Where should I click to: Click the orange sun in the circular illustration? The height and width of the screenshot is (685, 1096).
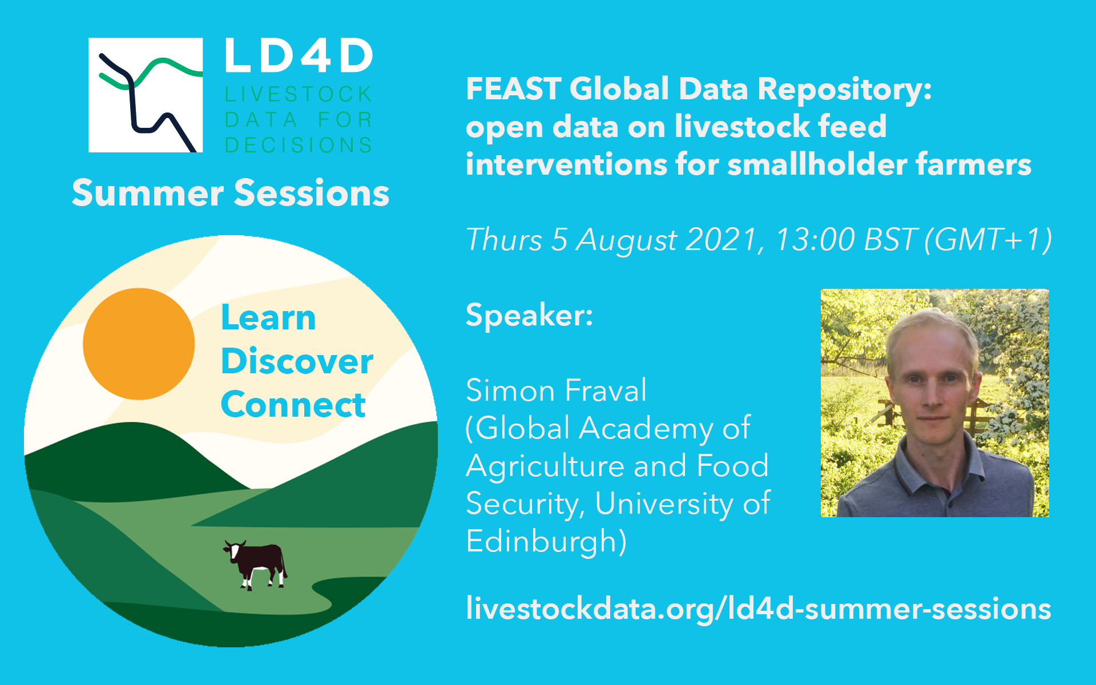tap(139, 344)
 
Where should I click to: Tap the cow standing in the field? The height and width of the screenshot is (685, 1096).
tap(255, 565)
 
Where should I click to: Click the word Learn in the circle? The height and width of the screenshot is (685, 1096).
tap(268, 317)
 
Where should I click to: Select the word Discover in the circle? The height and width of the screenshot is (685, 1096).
tap(297, 361)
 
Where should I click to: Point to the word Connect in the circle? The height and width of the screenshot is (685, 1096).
tap(293, 405)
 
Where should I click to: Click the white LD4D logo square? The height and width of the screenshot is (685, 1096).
tap(146, 95)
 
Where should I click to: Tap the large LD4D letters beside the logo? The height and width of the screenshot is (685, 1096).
tap(299, 56)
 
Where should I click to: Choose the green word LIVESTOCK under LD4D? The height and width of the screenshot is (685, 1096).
tap(298, 94)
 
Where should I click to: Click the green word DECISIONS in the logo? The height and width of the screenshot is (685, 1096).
tap(298, 145)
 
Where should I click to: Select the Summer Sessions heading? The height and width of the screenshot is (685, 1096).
tap(231, 193)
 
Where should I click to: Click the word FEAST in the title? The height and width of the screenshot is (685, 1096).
tap(514, 89)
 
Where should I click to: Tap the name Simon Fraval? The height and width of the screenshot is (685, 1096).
tap(556, 390)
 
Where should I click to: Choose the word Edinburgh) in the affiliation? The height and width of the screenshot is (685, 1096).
tap(546, 541)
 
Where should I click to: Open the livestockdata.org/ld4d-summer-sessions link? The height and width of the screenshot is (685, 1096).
tap(759, 609)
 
